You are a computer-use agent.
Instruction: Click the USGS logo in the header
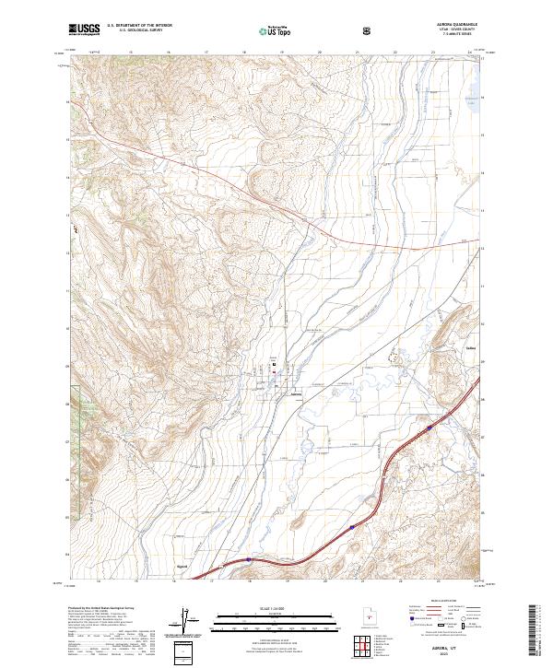click(84, 30)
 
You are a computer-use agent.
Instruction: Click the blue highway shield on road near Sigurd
click(250, 558)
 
